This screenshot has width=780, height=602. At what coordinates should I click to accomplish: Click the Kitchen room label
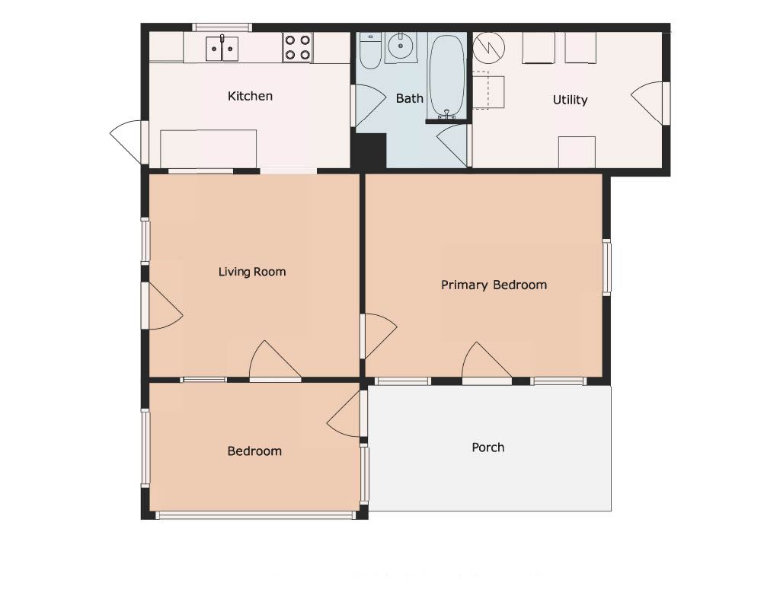click(x=250, y=96)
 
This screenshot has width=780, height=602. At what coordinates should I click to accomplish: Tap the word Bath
click(x=409, y=98)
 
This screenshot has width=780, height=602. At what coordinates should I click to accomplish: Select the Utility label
click(x=570, y=100)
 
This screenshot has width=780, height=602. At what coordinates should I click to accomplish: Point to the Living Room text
click(x=252, y=272)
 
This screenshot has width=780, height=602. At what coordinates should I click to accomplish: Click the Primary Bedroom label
click(x=494, y=285)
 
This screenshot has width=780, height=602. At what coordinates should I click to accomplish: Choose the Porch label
click(x=488, y=448)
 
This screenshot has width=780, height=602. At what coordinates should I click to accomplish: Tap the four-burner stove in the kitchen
click(x=298, y=47)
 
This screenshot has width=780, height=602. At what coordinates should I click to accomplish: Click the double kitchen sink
click(x=222, y=48)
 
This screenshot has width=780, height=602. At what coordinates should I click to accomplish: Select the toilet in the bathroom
click(x=369, y=51)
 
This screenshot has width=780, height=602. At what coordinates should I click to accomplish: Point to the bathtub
click(x=446, y=77)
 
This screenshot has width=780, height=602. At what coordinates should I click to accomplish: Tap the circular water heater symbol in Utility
click(x=488, y=48)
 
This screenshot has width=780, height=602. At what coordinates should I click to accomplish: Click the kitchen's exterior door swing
click(x=126, y=140)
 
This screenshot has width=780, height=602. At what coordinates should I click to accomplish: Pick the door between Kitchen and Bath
click(x=369, y=105)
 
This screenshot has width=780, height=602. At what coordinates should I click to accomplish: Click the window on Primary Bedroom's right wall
click(x=607, y=267)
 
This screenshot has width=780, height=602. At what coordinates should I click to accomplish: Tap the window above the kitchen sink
click(x=222, y=27)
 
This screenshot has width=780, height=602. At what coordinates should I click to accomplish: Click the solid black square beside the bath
click(x=369, y=151)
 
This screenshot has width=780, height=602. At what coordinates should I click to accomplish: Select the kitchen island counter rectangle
click(x=209, y=149)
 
